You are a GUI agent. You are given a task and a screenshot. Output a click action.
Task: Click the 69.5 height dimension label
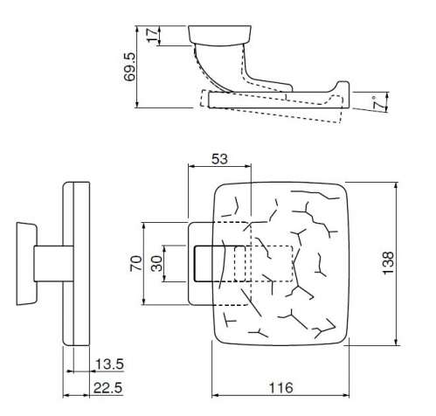pyautogui.click(x=129, y=66)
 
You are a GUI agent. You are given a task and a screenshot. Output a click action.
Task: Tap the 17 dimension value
pyautogui.click(x=153, y=35)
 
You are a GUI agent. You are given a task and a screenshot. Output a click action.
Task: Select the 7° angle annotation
pyautogui.click(x=378, y=102)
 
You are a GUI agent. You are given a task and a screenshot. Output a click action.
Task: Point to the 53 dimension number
pyautogui.click(x=219, y=159)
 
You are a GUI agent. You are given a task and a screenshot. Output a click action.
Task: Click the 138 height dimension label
pyautogui.click(x=388, y=263)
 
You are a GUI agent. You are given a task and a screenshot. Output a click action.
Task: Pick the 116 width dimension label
pyautogui.click(x=280, y=388)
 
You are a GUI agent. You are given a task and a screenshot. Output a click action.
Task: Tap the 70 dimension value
pyautogui.click(x=136, y=263)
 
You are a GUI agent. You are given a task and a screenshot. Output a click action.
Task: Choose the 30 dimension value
pyautogui.click(x=157, y=263)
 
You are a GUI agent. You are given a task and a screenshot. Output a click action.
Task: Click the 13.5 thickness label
pyautogui.click(x=109, y=364)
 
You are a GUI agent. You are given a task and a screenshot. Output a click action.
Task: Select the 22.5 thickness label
pyautogui.click(x=108, y=388)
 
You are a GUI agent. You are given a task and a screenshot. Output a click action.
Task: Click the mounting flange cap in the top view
pyautogui.click(x=219, y=35)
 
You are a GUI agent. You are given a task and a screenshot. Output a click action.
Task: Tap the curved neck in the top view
pyautogui.click(x=221, y=67)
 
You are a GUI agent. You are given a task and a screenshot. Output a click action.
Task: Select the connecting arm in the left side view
pyautogui.click(x=53, y=264)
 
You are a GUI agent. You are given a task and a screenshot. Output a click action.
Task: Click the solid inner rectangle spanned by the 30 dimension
pyautogui.click(x=219, y=264)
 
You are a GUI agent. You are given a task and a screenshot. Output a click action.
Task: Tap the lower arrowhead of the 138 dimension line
pyautogui.click(x=396, y=342)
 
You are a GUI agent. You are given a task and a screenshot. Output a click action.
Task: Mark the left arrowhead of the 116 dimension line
pyautogui.click(x=216, y=395)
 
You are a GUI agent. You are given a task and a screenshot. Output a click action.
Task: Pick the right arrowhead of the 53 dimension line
pyautogui.click(x=247, y=166)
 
